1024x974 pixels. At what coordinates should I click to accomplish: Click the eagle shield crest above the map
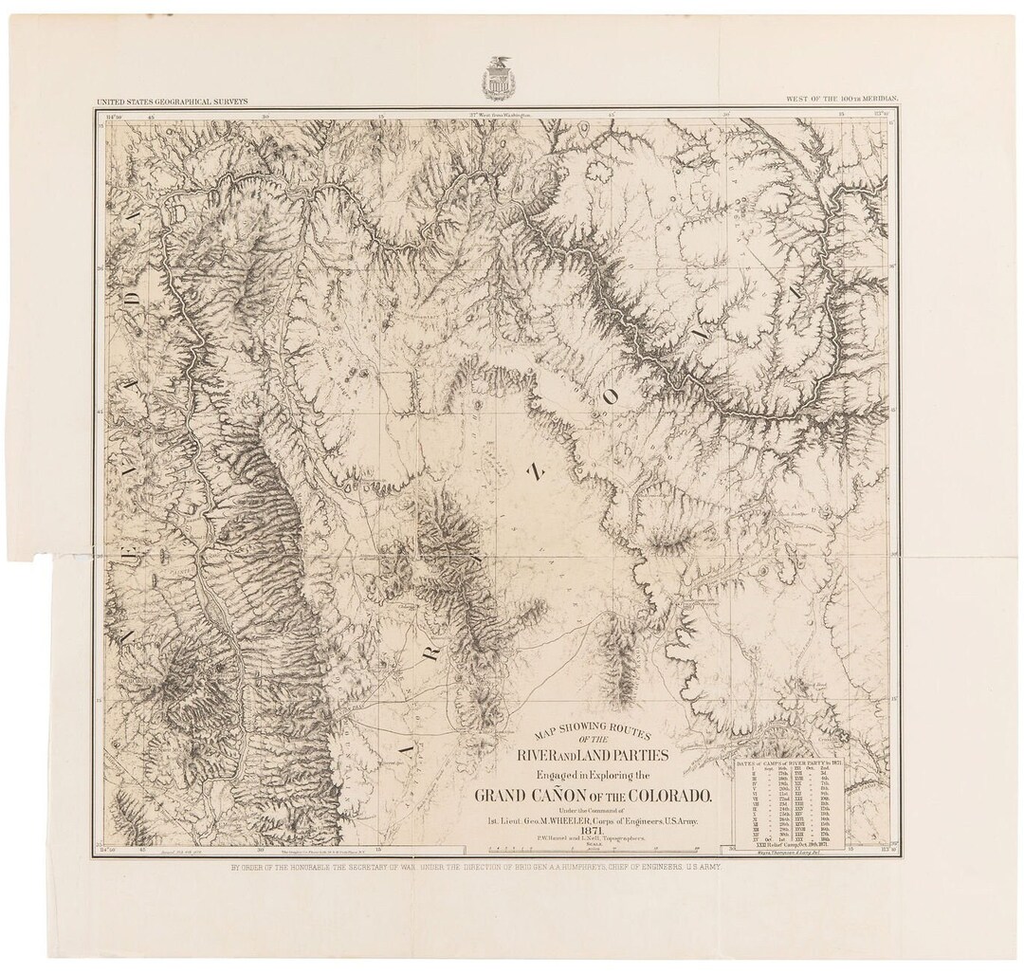[x=496, y=77]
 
